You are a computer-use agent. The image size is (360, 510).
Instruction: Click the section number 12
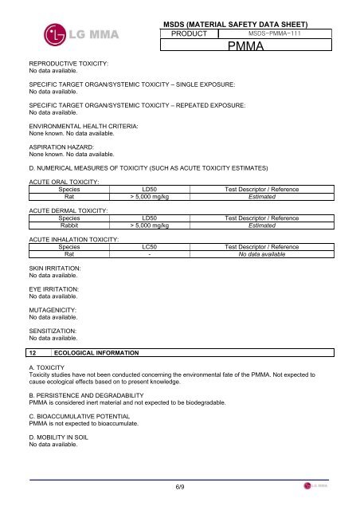[x=32, y=351]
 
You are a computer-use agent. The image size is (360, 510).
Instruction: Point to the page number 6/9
[x=181, y=485]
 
